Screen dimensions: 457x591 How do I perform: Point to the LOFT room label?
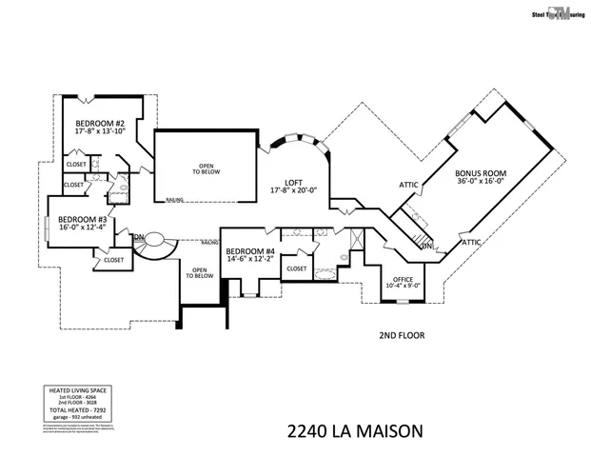pos(292,181)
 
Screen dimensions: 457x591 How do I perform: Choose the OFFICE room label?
pos(402,276)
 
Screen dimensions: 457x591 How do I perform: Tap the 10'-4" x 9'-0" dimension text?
pos(402,285)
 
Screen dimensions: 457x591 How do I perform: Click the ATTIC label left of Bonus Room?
pos(408,185)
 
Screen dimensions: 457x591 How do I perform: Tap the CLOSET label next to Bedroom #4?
pos(296,268)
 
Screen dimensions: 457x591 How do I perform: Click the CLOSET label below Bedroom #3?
pos(113,259)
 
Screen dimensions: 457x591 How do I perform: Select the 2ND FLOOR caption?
pos(400,335)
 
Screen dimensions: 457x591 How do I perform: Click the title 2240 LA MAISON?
pos(354,430)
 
